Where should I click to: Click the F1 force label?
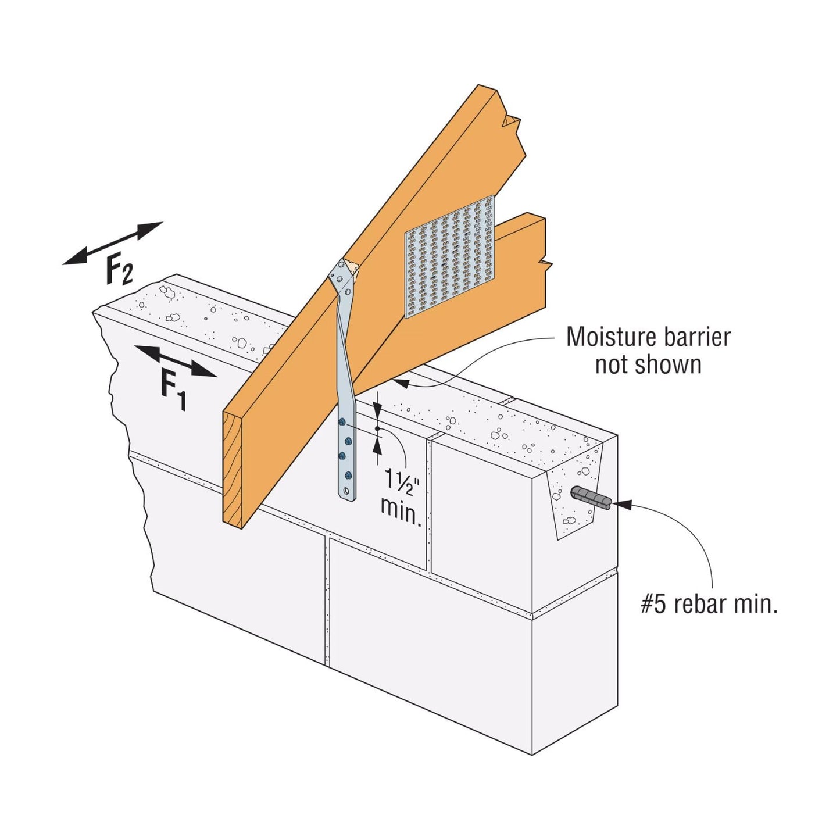coord(173,389)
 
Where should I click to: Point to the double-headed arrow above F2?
coord(112,243)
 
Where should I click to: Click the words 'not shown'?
coord(648,364)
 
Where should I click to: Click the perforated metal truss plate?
coord(450,257)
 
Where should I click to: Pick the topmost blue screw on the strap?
coord(342,421)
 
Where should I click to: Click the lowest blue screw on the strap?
coord(348,474)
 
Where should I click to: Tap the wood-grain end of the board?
coord(233,469)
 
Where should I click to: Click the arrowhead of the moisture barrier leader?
coord(401,383)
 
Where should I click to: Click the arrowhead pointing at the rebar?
coord(621,505)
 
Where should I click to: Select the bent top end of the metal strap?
coord(343,277)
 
